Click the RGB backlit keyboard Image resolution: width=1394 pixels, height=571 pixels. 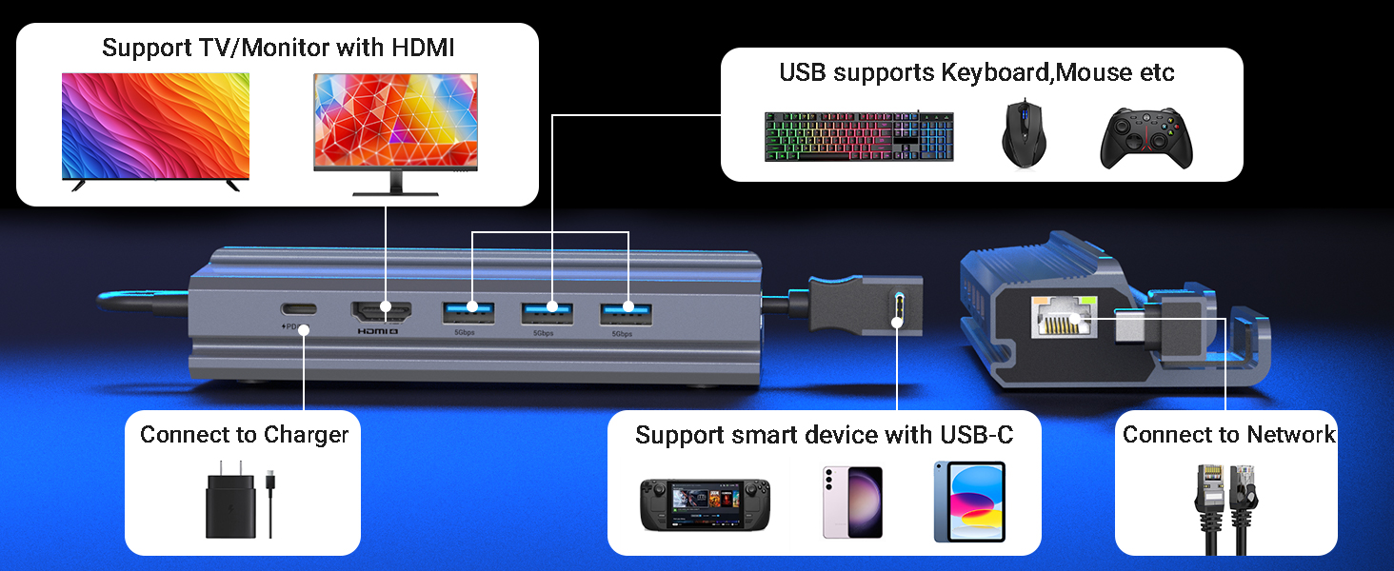(859, 136)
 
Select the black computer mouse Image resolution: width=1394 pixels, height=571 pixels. (1024, 133)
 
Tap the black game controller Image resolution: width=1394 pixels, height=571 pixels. (1146, 139)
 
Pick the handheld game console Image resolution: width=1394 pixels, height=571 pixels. (705, 504)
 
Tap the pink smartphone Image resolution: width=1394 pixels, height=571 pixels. (852, 502)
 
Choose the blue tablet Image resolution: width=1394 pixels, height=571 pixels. (969, 502)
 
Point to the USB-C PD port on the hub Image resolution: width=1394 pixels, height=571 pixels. (299, 308)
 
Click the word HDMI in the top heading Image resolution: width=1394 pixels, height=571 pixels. (423, 48)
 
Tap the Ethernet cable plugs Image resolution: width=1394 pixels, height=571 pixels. (1226, 509)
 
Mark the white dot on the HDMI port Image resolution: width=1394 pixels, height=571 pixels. (386, 306)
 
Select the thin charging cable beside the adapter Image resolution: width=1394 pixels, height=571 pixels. (270, 503)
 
